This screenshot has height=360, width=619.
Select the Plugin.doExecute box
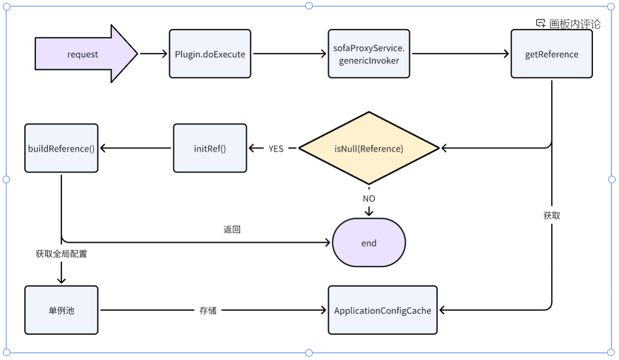[210, 54]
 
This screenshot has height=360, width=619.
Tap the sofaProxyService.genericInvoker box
[368, 54]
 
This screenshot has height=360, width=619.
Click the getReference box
[551, 54]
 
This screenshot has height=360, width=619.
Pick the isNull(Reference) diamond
[368, 148]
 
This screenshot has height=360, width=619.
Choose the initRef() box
[210, 148]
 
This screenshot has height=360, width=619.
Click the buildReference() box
[61, 148]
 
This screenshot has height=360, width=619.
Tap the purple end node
[368, 243]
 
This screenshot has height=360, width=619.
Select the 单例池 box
[61, 310]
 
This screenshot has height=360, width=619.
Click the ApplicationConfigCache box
[382, 310]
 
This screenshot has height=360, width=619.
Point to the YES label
[276, 148]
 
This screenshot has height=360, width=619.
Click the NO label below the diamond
[368, 198]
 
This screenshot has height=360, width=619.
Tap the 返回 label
[232, 229]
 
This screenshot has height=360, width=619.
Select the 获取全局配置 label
[61, 254]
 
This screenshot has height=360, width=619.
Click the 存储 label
[208, 310]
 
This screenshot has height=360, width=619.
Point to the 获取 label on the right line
[552, 216]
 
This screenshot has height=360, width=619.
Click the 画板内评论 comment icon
[541, 24]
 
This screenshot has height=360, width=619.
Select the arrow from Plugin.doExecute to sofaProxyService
[290, 54]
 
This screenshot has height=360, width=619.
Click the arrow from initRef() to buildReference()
[136, 148]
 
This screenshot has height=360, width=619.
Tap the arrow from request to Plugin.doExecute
[154, 54]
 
